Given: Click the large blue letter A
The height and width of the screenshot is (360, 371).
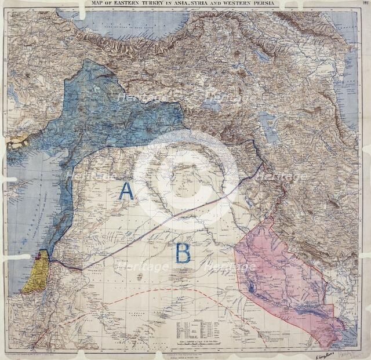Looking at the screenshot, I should [126, 191].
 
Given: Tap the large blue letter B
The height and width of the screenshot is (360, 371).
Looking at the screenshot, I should [183, 253].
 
